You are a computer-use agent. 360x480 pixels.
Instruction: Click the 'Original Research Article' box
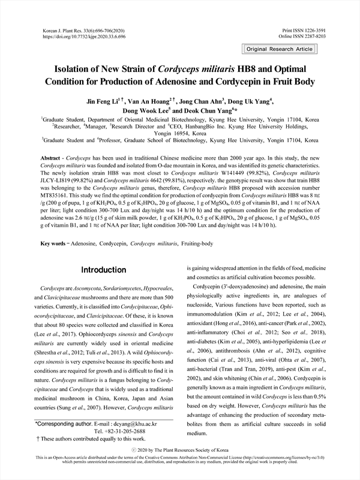[280, 49]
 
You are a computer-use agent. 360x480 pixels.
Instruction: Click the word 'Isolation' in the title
[89, 68]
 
